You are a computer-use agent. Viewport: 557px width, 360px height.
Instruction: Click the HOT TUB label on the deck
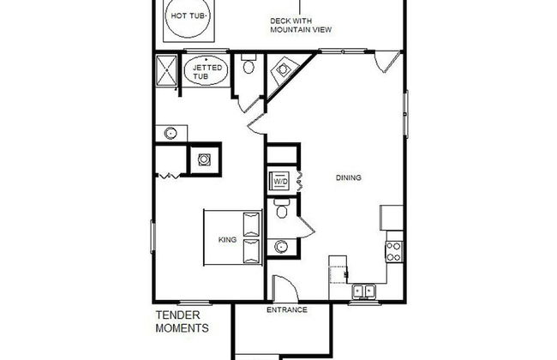coord(189,15)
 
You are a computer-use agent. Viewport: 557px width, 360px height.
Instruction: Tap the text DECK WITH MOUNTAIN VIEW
coord(301,25)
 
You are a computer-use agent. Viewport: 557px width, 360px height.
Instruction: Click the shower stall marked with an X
coord(166,71)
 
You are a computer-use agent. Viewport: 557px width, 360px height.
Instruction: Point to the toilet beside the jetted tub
coord(249,63)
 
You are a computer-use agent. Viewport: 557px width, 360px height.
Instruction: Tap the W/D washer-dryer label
coord(280,181)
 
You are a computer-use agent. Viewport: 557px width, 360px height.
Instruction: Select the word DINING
coord(349,177)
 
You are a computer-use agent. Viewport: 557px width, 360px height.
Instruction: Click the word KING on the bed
coord(227,239)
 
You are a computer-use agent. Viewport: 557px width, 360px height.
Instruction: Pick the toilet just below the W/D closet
coord(282,208)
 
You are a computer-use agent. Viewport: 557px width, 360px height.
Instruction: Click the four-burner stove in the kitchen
coord(394,252)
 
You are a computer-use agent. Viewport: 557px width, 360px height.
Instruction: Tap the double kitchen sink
coord(364,291)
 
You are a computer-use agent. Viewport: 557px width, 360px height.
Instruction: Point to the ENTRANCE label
coord(287,310)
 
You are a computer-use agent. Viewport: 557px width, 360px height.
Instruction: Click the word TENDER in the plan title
coord(178,315)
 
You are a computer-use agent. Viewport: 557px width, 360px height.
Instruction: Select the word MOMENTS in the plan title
coord(182,328)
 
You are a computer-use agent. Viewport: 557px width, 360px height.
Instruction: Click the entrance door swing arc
coord(289,281)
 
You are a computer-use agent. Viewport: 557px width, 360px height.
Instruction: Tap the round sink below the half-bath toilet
coord(281,246)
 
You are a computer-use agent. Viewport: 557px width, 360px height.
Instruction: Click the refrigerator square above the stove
coord(392,218)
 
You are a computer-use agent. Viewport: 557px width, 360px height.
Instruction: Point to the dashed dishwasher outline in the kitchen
coord(338,274)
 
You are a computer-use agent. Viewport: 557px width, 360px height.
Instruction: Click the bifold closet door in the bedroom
coord(168,175)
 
